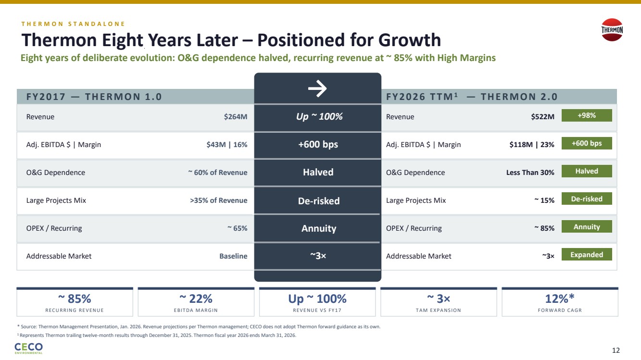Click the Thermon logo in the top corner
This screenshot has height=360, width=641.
[x=612, y=29]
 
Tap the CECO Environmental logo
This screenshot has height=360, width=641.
[x=29, y=348]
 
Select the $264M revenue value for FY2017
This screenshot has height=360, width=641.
[x=236, y=117]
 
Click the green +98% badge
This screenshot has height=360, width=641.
[x=587, y=115]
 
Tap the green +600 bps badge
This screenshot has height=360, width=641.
[x=587, y=143]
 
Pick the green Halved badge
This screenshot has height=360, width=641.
[x=587, y=171]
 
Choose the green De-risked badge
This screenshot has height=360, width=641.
[x=587, y=199]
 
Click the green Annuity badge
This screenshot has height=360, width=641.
[x=587, y=227]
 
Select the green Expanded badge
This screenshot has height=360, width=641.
[x=587, y=255]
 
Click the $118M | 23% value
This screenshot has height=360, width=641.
[x=532, y=144]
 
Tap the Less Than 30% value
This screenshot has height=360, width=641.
[x=530, y=172]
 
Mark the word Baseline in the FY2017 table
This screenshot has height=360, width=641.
[x=233, y=256]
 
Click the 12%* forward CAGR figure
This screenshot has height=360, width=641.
[x=560, y=299]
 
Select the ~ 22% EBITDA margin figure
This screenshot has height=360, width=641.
[x=196, y=299]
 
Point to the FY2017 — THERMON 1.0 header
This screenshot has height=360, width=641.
[x=94, y=97]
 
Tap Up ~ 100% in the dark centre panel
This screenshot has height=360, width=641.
[x=318, y=116]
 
